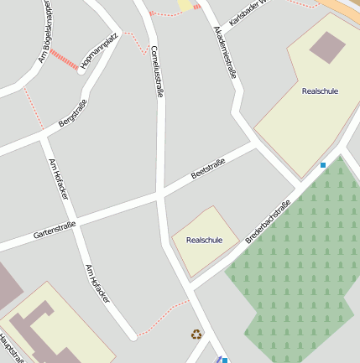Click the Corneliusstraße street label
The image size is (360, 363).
coord(157,70)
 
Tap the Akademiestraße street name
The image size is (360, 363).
coord(225,51)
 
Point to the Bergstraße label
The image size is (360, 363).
coord(73,113)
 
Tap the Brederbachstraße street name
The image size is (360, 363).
coord(268,221)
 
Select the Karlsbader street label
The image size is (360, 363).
coord(246,11)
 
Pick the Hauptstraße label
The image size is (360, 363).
coord(8,348)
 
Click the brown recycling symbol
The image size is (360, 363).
coord(196,334)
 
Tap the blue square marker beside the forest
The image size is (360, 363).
coord(322,165)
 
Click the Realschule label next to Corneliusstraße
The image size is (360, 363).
coord(204,240)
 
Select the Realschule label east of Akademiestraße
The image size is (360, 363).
coord(320,91)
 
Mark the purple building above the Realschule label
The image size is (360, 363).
coord(327,47)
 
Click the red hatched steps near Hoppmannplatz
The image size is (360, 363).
coord(64,60)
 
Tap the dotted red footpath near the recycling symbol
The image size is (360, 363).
coord(164,317)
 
